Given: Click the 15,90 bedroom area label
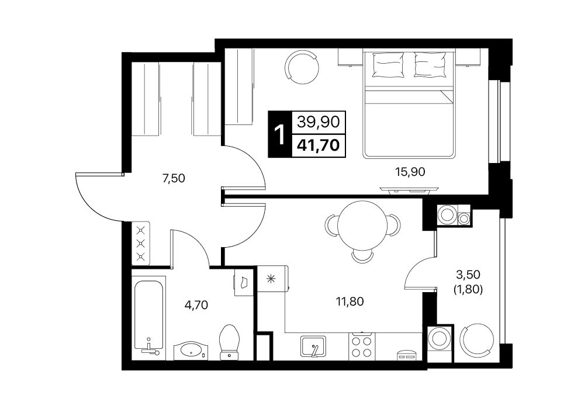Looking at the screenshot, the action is (x=410, y=172).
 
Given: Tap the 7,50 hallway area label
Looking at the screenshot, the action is (x=174, y=178).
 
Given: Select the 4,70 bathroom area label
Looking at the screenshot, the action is (x=196, y=305).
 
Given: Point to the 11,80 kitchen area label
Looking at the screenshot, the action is (x=350, y=301).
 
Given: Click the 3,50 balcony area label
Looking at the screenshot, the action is (x=468, y=275).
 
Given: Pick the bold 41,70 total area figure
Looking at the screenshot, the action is (x=318, y=145).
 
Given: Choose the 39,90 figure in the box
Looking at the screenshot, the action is (x=318, y=122).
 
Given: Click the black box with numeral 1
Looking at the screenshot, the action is (x=279, y=134).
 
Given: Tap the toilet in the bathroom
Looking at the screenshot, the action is (x=230, y=342).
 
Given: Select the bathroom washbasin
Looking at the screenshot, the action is (x=191, y=351).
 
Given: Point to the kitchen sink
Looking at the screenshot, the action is (x=313, y=346).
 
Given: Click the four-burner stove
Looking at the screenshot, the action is (x=361, y=346).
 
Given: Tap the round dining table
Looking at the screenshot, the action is (x=362, y=226).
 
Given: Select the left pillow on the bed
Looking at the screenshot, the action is (x=389, y=65).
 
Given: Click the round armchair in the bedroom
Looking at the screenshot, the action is (x=302, y=68).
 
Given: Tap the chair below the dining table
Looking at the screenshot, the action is (x=362, y=257).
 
